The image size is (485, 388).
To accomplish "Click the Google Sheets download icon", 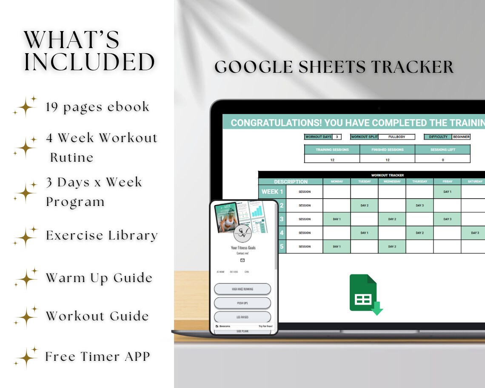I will tap(365, 294).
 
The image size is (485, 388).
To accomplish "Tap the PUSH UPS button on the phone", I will tap(242, 303).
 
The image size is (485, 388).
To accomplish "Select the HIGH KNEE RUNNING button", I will tap(242, 289).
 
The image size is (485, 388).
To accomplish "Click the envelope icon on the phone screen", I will tap(242, 260).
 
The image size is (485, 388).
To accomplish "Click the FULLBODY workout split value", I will tap(397, 137).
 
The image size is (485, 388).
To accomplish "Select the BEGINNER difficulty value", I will tap(461, 137).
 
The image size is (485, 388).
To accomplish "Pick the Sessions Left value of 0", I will tap(442, 160).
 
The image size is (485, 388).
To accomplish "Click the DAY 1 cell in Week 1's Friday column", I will tap(447, 192).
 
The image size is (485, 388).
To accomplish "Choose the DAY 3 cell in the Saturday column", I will tap(474, 233).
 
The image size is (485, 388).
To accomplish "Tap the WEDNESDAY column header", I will tap(392, 182).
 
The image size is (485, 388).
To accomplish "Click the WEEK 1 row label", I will tap(272, 192).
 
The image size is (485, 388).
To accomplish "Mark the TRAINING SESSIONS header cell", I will tap(332, 150).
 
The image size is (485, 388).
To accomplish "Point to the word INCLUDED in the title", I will tap(89, 62).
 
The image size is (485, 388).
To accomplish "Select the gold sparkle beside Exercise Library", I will tap(26, 236).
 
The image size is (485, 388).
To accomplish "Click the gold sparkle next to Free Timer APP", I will tap(26, 357).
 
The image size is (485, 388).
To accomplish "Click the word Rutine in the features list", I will tap(72, 157).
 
